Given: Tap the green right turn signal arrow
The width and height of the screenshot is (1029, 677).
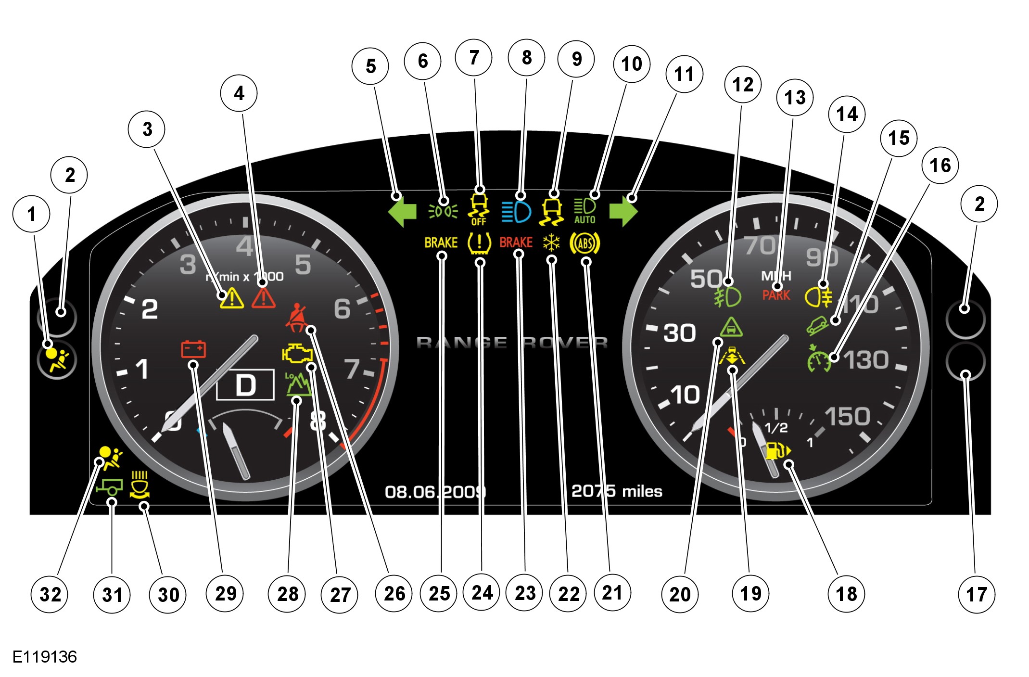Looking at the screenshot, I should (623, 211).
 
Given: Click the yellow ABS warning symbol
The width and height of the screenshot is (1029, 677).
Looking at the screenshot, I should (585, 243).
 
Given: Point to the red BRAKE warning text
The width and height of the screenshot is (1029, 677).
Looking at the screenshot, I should (516, 242).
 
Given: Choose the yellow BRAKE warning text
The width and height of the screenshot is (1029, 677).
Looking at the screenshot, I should (441, 243).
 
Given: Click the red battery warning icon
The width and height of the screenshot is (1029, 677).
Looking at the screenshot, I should (193, 349).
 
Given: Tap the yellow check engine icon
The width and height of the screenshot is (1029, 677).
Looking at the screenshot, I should (297, 354).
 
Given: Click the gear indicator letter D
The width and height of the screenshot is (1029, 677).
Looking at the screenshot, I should (245, 385).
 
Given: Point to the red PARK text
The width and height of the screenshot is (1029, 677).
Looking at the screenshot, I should (776, 295).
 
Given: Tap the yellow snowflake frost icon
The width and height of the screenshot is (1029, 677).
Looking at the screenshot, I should (551, 243).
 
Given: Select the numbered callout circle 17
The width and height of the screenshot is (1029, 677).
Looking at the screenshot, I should (977, 595).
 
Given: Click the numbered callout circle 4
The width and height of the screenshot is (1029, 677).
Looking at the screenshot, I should (239, 93).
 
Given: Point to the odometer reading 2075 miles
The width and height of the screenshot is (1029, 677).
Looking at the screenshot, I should (616, 491).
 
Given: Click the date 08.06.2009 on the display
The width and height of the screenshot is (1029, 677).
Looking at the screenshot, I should (435, 492).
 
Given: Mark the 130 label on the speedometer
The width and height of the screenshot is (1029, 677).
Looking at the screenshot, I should (866, 360).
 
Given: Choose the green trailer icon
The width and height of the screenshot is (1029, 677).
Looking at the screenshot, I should (110, 487).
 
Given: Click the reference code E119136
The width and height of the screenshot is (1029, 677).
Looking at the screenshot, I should (45, 657).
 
